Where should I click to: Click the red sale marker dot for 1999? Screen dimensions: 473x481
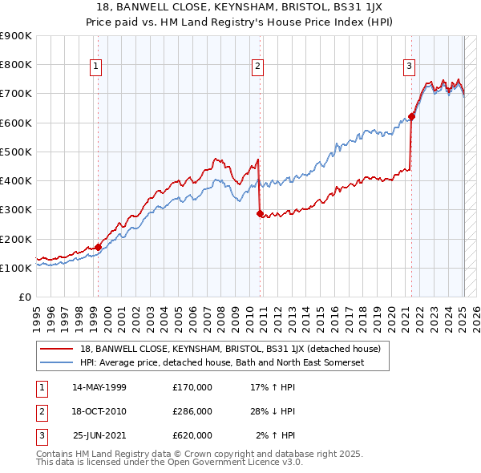(x=98, y=247)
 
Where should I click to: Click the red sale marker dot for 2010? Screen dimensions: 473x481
(x=260, y=213)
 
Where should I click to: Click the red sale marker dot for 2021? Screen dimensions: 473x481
(x=411, y=116)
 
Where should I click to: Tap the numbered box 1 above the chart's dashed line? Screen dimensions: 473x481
(x=96, y=67)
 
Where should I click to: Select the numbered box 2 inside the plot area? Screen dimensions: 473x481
(x=258, y=67)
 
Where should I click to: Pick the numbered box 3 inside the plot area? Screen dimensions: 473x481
(x=409, y=67)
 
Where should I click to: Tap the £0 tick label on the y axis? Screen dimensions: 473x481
(x=25, y=297)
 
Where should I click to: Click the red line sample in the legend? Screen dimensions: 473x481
(x=55, y=349)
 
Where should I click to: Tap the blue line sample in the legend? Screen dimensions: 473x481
(x=55, y=362)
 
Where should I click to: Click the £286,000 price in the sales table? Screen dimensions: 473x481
(x=192, y=411)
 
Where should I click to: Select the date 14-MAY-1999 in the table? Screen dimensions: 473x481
(x=99, y=387)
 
